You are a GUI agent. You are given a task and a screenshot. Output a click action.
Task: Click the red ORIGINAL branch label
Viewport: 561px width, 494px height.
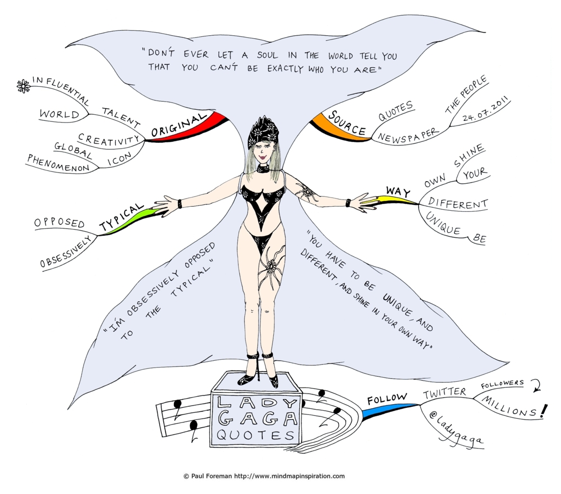[x=179, y=126]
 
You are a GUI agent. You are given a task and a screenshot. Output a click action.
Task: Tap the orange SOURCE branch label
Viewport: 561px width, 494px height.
[x=347, y=123]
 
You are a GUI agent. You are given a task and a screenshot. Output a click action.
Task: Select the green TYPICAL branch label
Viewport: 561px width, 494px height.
[x=121, y=217]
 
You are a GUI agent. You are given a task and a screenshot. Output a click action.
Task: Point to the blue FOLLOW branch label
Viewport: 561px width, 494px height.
[x=387, y=399]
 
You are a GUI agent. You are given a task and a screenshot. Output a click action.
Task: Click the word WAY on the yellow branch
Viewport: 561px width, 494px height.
[x=398, y=191]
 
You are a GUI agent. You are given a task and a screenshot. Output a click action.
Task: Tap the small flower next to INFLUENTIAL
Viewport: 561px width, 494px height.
[x=23, y=86]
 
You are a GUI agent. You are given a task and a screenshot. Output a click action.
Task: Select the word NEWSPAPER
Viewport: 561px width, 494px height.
[x=409, y=136]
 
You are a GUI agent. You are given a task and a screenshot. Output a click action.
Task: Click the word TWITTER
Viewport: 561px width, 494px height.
[x=445, y=393]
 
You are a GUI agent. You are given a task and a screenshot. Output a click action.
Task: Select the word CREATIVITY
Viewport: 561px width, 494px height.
[x=109, y=140]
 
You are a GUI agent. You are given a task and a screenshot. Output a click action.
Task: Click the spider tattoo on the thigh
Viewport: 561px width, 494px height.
[x=271, y=268]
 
